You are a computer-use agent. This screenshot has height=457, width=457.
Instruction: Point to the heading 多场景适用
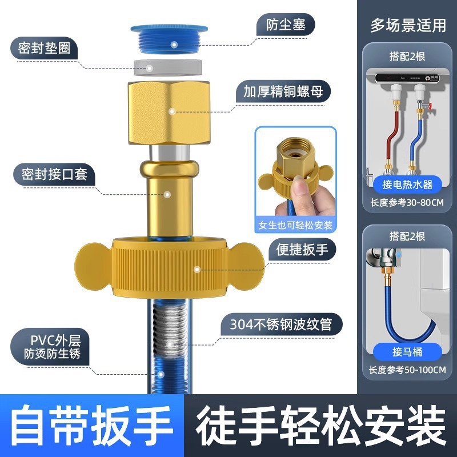(407, 25)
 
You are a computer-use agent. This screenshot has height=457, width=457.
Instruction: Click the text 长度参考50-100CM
(407, 369)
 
